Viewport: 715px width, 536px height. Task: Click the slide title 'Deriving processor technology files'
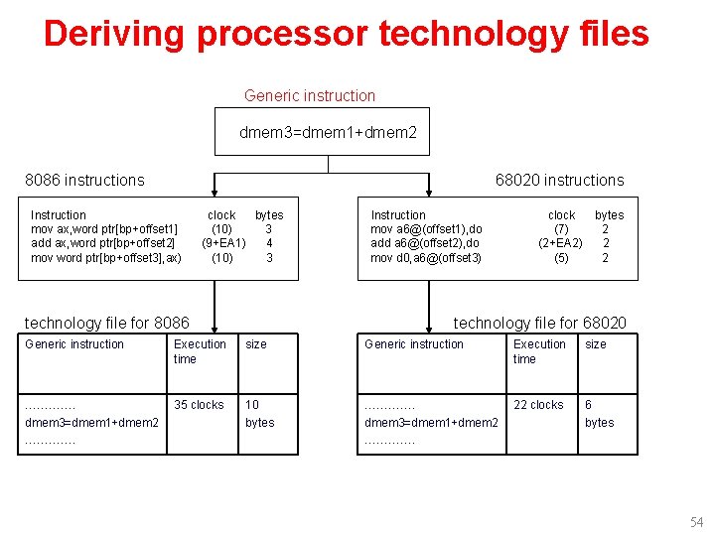(346, 34)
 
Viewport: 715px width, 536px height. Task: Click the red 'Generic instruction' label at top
(310, 96)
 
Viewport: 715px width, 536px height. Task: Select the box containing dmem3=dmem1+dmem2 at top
(323, 131)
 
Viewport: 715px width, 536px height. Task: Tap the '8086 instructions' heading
(84, 180)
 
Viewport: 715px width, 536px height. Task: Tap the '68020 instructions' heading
(560, 180)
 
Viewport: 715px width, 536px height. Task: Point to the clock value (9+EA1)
(223, 243)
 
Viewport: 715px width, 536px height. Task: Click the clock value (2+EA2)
(560, 243)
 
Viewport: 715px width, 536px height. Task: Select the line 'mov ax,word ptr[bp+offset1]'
(105, 229)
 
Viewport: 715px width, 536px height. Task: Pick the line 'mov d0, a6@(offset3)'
(426, 258)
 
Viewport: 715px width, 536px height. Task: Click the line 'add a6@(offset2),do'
(425, 243)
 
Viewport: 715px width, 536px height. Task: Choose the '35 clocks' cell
(200, 405)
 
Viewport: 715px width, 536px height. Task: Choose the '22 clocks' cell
(538, 405)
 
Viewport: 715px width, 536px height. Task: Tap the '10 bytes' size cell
(260, 414)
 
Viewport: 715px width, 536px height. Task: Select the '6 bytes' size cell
(599, 414)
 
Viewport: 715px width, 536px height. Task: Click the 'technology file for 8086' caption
(106, 323)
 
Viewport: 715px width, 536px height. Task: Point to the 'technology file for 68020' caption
(540, 323)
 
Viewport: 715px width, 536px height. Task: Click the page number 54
(696, 522)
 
